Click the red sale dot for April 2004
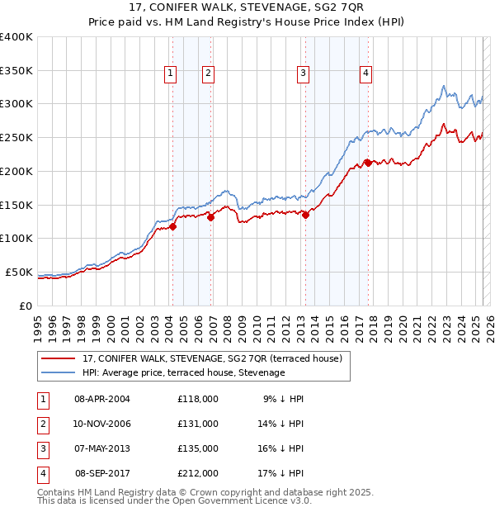click(x=172, y=227)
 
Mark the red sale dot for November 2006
click(x=211, y=218)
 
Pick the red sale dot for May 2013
click(x=306, y=216)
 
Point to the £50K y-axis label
click(x=19, y=272)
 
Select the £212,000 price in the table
click(x=198, y=474)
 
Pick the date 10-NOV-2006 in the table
click(x=102, y=424)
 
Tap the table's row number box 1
click(x=42, y=399)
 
